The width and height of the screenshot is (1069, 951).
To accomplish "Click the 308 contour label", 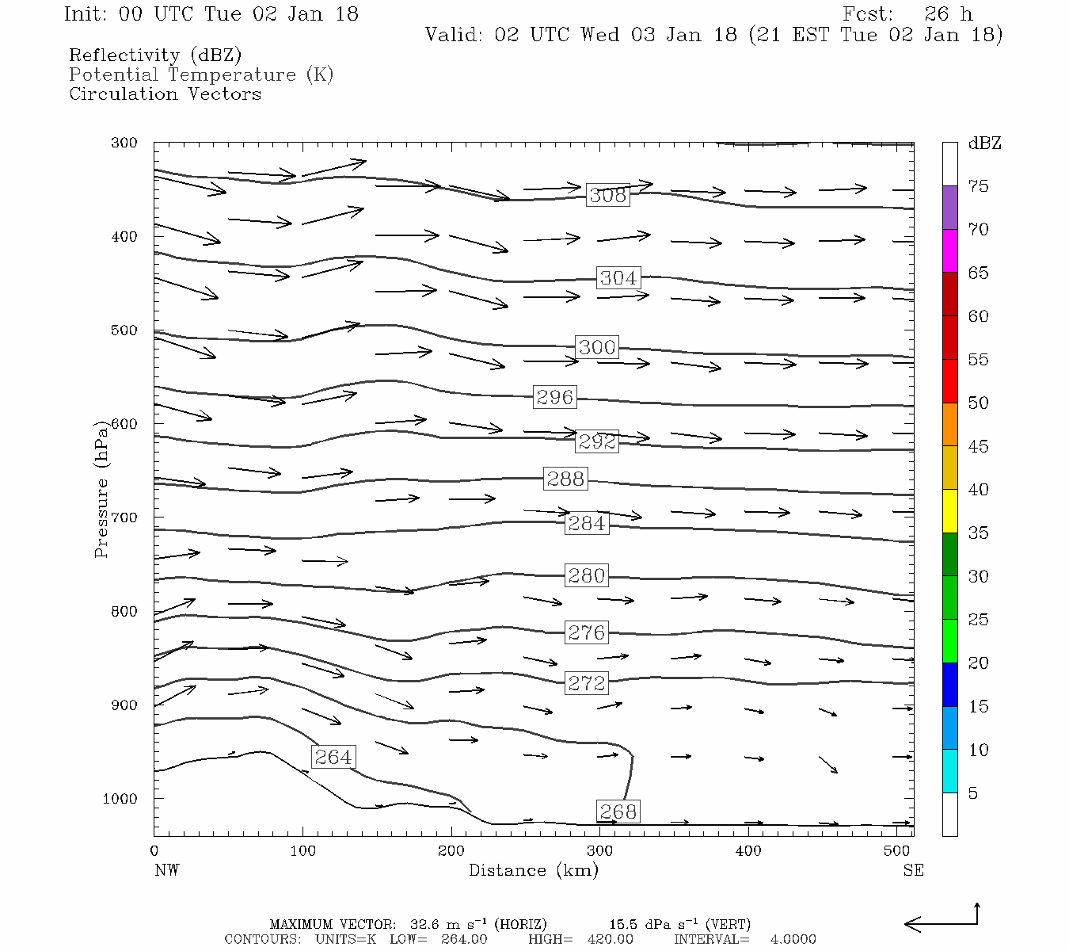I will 608,195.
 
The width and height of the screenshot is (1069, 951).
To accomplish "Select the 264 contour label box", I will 333,757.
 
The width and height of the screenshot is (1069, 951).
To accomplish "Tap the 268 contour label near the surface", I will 618,812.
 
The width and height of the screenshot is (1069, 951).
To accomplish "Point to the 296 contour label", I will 554,397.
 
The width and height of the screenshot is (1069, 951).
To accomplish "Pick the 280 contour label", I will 587,575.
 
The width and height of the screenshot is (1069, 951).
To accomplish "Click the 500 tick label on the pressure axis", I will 124,330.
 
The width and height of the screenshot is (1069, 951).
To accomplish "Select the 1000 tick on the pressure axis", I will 120,799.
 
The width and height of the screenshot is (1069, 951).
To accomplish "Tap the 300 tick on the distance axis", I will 599,851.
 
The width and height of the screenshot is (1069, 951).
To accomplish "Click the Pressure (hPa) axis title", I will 101,489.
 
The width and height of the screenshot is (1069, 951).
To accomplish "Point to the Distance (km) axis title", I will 533,870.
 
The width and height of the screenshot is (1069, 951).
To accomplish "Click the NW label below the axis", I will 166,870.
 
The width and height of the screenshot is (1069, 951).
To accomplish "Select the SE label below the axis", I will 913,870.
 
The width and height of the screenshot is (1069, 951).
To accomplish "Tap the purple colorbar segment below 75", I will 949,208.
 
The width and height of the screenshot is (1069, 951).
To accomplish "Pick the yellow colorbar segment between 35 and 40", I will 949,511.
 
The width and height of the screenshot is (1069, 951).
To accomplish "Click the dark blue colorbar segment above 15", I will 949,685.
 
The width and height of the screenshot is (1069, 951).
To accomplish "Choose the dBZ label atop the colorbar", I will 984,143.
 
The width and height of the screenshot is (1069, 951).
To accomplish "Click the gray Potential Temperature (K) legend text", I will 201,74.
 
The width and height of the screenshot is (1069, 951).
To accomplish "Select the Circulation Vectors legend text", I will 165,94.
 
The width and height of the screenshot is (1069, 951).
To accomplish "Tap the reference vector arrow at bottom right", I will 942,922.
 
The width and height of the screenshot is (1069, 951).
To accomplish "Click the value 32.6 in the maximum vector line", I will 424,924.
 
